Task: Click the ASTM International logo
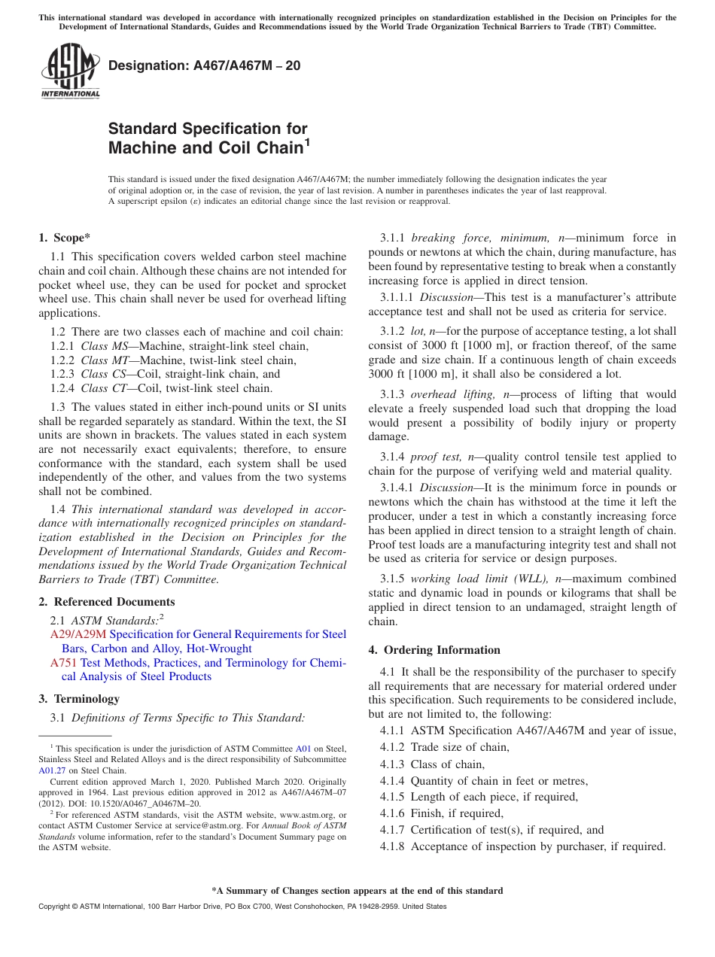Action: click(x=70, y=71)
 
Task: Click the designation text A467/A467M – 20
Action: click(x=205, y=66)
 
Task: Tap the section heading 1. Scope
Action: click(x=65, y=238)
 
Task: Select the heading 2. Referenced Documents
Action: click(x=107, y=602)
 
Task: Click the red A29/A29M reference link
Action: click(x=78, y=634)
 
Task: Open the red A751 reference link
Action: click(x=64, y=663)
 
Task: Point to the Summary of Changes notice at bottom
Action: click(x=357, y=891)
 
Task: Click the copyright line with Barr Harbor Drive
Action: click(x=242, y=907)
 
